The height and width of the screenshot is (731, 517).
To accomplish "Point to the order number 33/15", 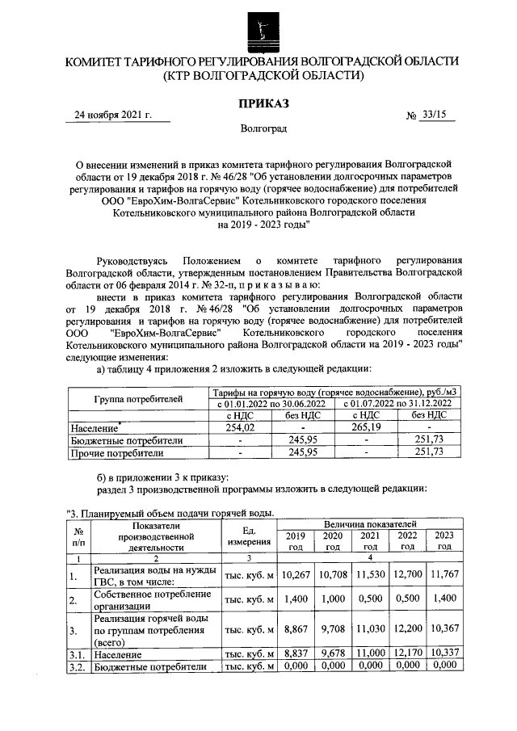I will (x=434, y=115).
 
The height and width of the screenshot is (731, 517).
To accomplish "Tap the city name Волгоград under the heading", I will (x=262, y=128).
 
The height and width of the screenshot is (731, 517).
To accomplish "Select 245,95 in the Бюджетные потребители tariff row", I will (x=302, y=440).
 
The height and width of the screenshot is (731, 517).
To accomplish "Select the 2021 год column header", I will (x=369, y=540).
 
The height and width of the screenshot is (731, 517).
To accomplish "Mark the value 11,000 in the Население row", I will (x=369, y=653).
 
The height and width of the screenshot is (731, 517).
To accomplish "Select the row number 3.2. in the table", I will (x=78, y=666).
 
